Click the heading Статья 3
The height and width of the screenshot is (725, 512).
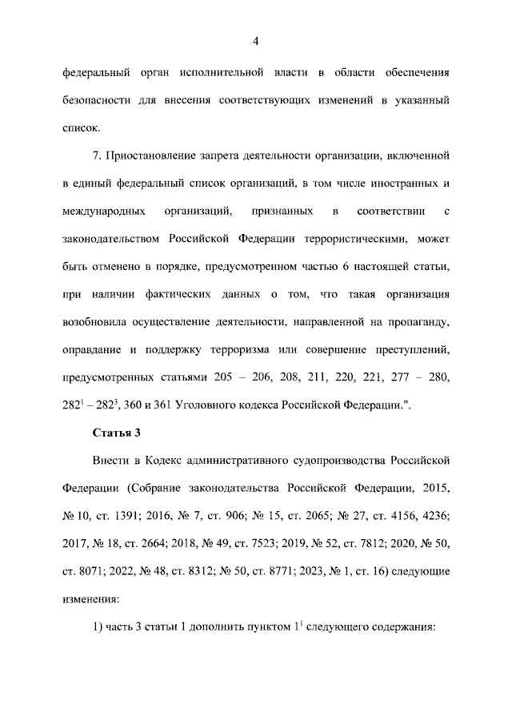[117, 433]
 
